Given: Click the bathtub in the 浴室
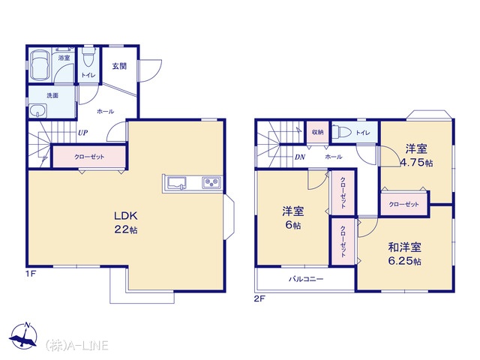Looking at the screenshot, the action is [40, 64].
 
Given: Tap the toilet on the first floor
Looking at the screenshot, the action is [88, 57].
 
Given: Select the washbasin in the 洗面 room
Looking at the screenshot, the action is [38, 110].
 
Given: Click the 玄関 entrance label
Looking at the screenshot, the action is [119, 66].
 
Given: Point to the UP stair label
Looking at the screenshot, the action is [82, 133].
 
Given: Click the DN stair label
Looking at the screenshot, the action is [300, 157].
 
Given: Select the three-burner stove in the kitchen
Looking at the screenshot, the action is [211, 183].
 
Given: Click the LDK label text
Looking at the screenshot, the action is [125, 216].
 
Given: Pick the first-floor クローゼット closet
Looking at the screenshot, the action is [89, 157].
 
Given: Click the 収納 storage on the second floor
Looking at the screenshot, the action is [317, 132].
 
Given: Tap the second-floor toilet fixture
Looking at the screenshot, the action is [342, 132].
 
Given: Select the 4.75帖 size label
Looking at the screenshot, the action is [417, 162].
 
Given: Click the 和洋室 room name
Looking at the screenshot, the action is [404, 247].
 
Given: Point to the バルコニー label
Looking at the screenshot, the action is [306, 279].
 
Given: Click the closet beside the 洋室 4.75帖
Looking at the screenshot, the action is [403, 204].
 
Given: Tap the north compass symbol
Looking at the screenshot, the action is [24, 335].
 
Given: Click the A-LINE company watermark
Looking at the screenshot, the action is [76, 345].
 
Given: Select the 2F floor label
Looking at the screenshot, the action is [259, 298].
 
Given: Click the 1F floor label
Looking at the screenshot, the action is [31, 274].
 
